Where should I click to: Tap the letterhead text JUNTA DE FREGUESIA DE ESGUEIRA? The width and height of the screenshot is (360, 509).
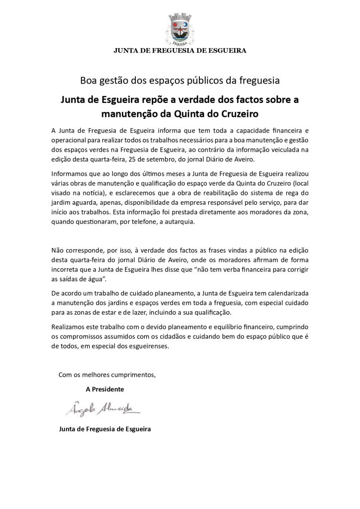click(x=180, y=50)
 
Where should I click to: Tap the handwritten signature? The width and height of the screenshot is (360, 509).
click(x=102, y=409)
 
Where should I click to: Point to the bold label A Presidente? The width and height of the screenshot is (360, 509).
click(x=105, y=388)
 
